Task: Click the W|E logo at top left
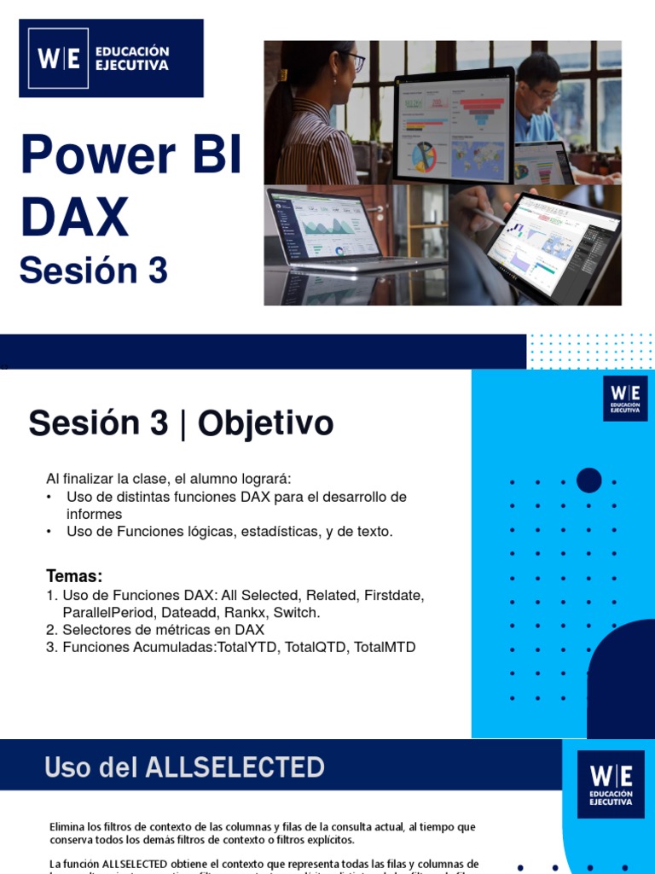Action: coord(59,58)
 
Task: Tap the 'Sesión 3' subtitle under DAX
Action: coord(94,271)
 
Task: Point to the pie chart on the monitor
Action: coord(423,155)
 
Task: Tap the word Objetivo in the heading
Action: coord(265,423)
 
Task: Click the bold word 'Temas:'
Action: coord(73,576)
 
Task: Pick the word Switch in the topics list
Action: coord(296,613)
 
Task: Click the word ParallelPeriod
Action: coord(109,613)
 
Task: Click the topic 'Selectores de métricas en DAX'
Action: coord(163,630)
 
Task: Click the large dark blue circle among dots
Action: coord(588,481)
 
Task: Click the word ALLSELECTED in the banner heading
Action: coord(235,767)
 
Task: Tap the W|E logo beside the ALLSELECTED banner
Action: coord(612,783)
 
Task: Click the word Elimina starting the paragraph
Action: coord(67,827)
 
